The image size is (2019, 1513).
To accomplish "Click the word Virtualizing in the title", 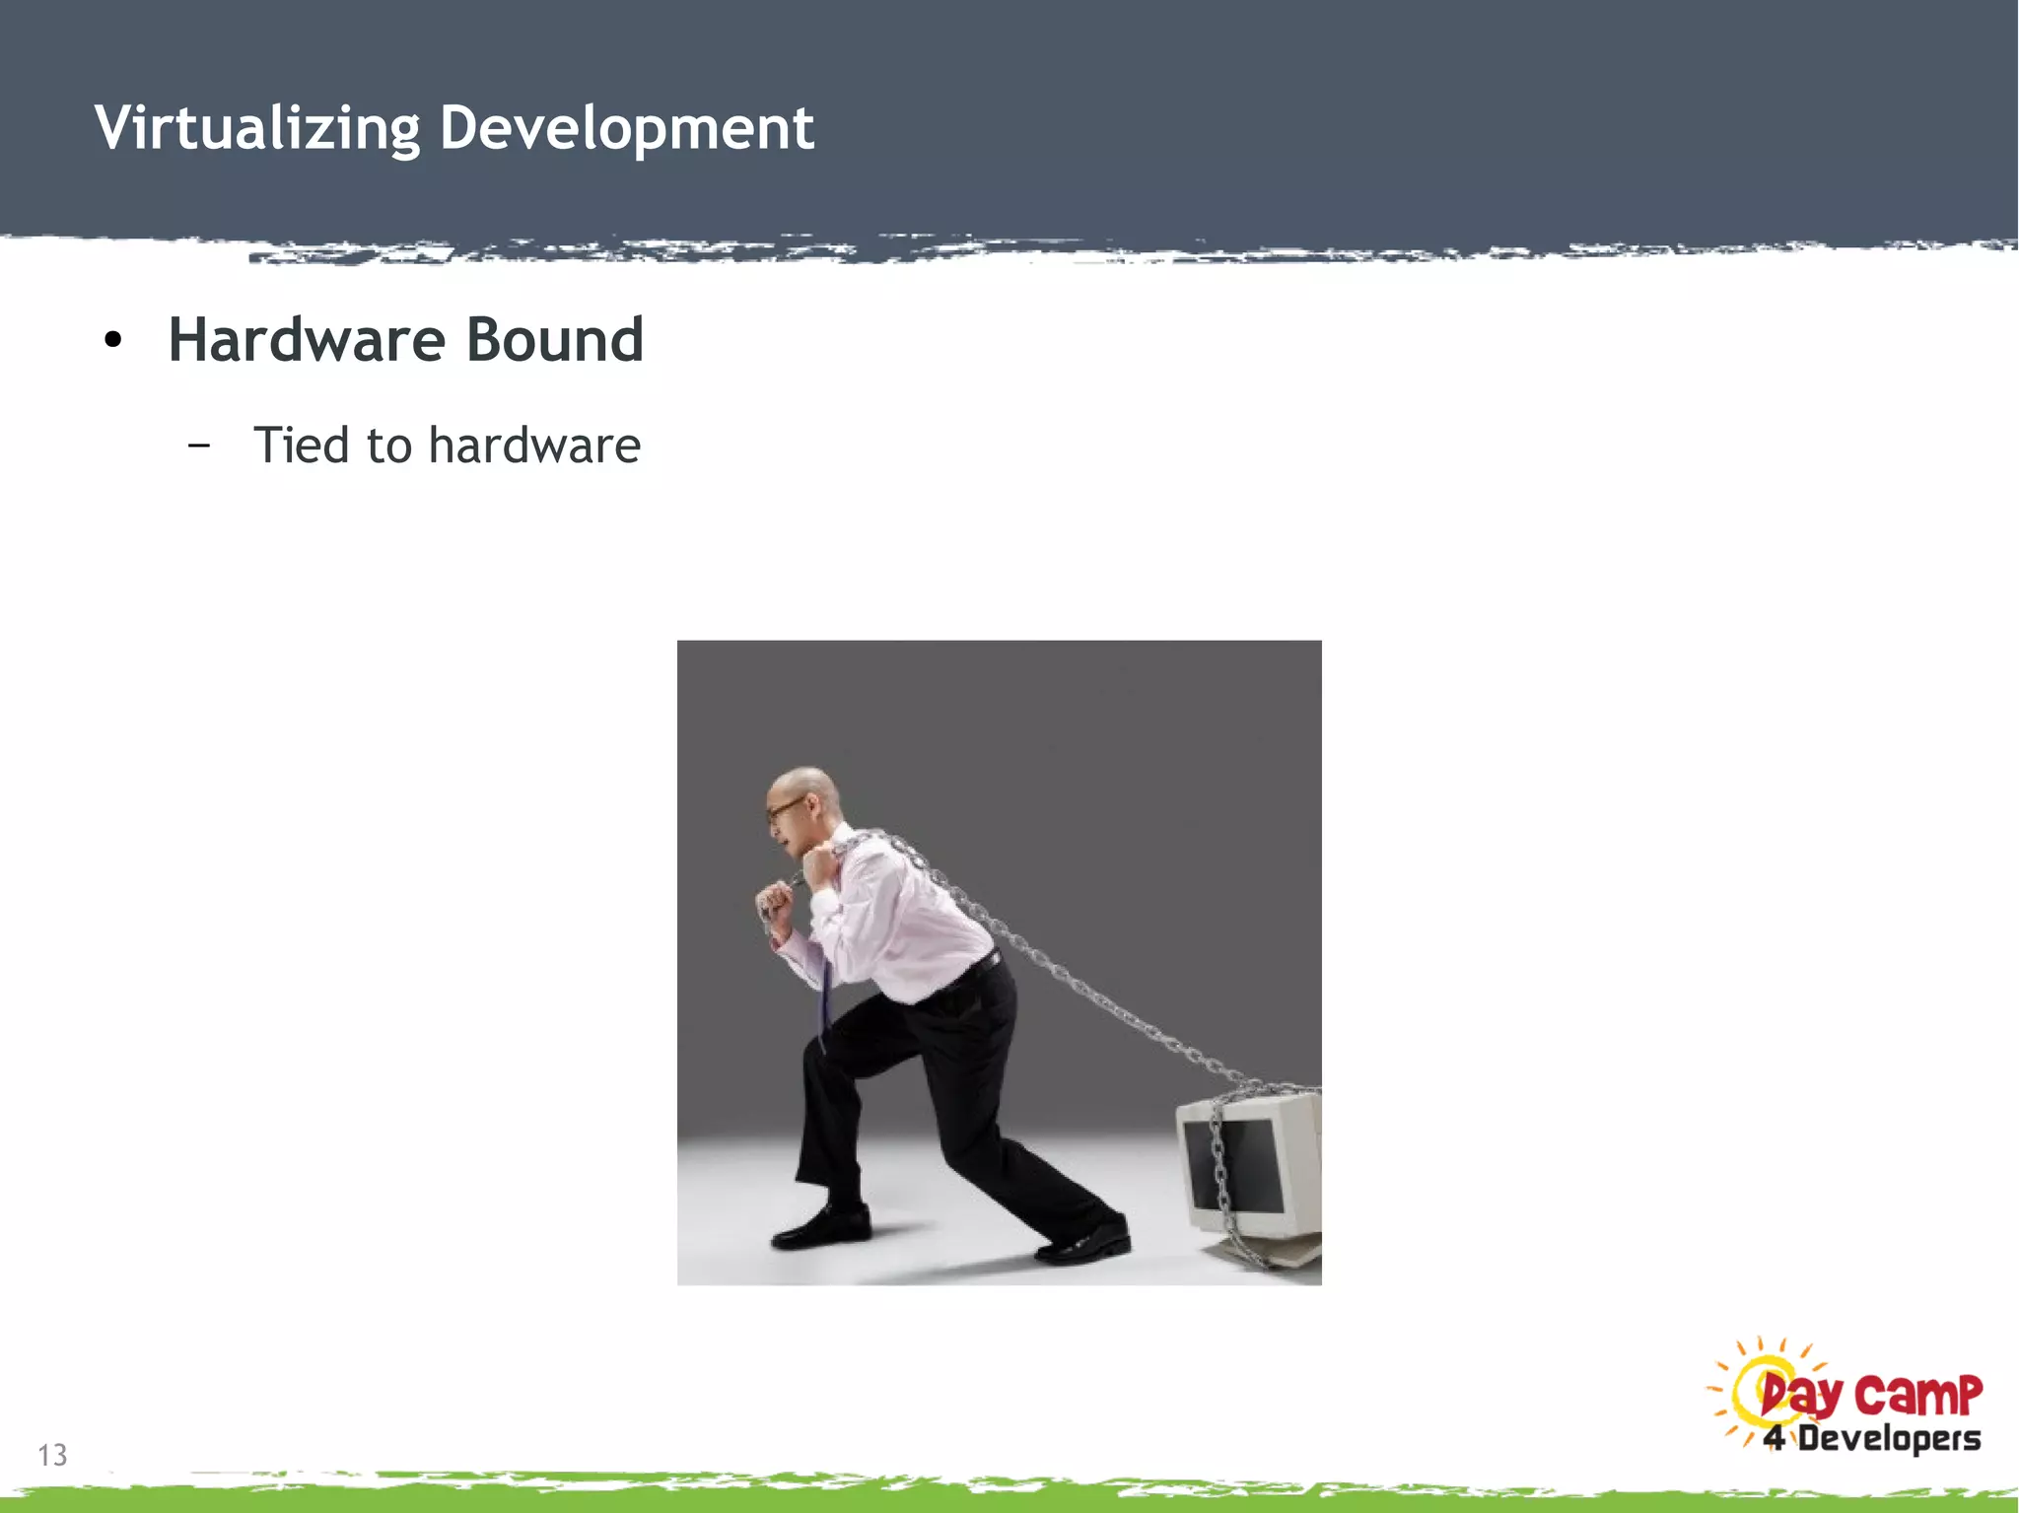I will coord(257,128).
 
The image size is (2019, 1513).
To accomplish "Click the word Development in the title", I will coord(627,128).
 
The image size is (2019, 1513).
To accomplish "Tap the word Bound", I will coord(554,340).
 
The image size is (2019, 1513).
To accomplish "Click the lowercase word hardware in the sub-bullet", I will coord(535,445).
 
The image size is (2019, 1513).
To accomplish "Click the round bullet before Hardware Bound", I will coord(113,341).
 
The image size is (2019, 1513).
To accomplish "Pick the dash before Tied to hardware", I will coord(199,446).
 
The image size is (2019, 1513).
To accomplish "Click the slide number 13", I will coord(52,1455).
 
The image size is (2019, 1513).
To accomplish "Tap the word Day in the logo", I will coord(1801,1396).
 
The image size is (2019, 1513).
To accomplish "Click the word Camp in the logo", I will coord(1917,1394).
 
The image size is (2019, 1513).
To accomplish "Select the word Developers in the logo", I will coord(1889,1438).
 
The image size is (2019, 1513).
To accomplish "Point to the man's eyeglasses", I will coord(785,810).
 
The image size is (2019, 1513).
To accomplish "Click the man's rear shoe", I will coord(1084,1244).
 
